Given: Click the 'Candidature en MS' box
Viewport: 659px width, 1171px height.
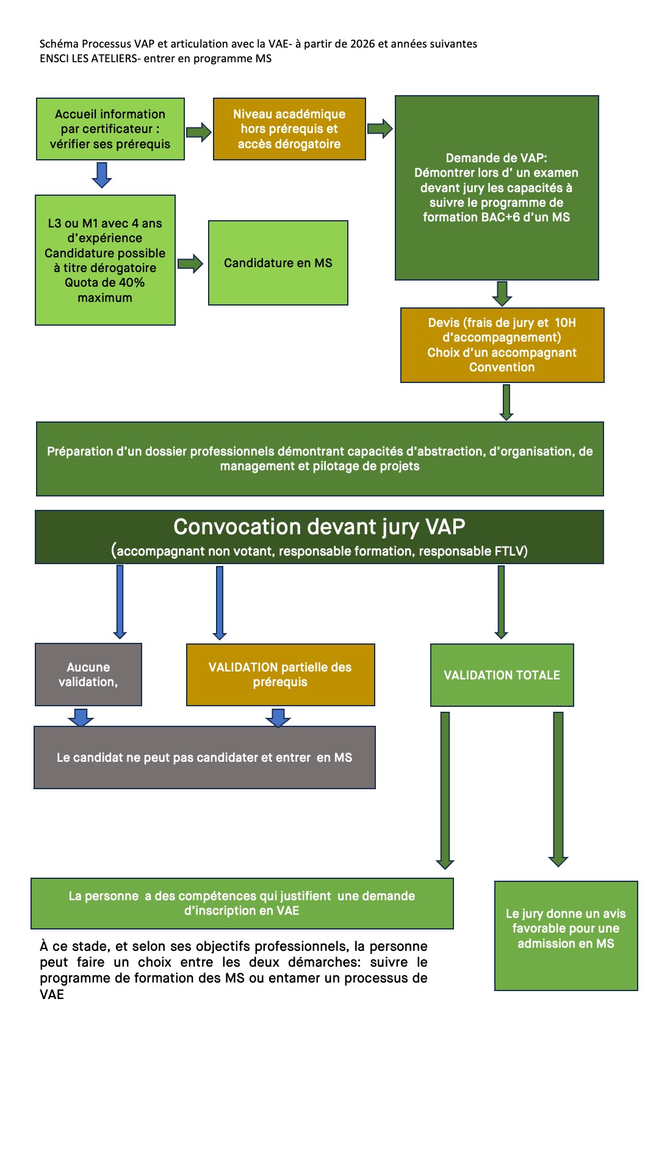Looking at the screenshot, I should (278, 263).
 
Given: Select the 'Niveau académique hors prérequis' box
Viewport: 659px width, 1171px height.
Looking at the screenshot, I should (289, 129).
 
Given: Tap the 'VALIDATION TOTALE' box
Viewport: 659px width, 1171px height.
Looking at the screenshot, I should (502, 675).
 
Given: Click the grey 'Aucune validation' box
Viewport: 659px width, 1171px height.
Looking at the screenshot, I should (88, 675).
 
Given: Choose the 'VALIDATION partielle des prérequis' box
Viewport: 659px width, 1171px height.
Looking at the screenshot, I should (280, 675).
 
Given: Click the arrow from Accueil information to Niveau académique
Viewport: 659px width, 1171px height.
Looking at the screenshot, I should (198, 132).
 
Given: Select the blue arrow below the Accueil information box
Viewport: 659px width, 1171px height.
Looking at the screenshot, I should (102, 175).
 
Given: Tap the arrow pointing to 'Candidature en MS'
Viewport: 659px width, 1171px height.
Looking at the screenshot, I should (190, 264).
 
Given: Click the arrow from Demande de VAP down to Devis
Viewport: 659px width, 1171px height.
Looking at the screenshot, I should (502, 293).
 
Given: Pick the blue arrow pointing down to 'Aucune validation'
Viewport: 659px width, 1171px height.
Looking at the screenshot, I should (120, 601).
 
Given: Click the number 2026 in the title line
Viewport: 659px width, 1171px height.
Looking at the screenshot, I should (362, 44).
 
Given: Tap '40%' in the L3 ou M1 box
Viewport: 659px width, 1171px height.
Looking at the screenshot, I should (131, 283).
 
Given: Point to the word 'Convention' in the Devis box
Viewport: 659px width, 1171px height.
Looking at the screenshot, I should (502, 367).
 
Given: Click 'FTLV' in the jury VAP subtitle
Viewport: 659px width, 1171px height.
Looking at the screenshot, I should (510, 551).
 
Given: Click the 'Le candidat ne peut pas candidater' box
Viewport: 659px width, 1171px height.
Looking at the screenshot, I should (204, 757).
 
